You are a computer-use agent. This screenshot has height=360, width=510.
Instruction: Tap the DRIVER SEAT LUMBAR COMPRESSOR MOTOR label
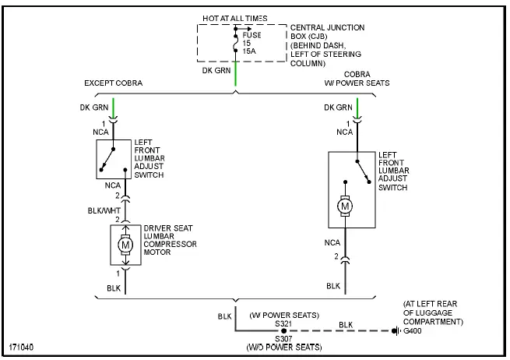coord(170,240)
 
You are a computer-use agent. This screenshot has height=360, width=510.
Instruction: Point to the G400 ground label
coord(413,330)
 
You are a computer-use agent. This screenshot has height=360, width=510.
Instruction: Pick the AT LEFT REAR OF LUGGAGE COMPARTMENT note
coord(434,312)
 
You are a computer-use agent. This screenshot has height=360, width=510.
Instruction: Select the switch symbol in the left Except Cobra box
coord(114,159)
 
